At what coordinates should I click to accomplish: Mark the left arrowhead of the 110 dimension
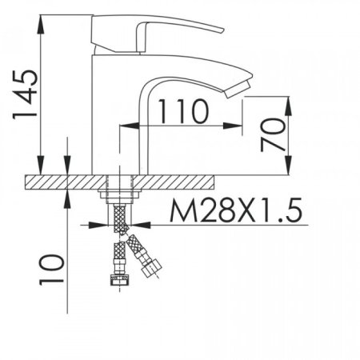pos(127,125)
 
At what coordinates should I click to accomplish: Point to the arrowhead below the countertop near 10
pos(70,197)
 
